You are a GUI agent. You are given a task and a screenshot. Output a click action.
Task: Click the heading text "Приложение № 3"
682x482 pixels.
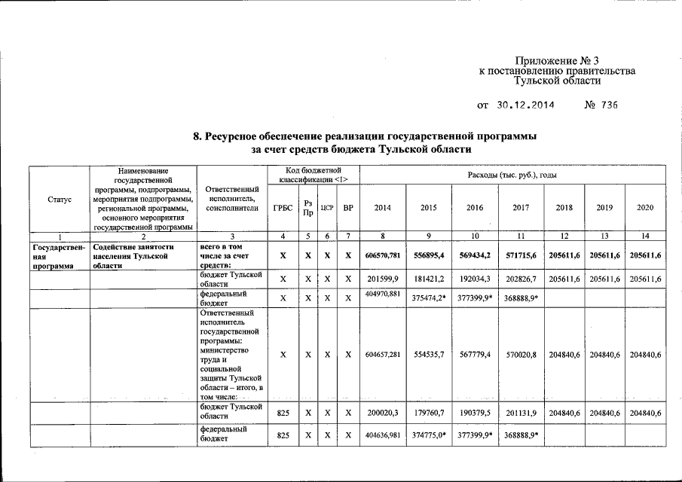coord(557,60)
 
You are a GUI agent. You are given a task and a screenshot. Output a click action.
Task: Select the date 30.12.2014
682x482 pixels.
coord(525,105)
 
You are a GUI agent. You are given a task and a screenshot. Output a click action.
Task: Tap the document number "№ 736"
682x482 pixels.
coord(601,105)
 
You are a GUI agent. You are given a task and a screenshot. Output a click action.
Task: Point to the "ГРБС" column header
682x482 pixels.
coord(283,207)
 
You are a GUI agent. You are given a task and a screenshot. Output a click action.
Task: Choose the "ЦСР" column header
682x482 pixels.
coord(327,207)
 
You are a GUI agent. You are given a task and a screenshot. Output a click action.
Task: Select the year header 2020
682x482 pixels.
coord(645,207)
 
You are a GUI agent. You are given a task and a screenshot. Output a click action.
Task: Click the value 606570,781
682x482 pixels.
coord(383,256)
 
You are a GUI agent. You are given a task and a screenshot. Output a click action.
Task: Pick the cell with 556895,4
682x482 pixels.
coord(428,256)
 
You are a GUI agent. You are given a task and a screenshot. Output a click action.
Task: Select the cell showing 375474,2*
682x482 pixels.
coord(429,298)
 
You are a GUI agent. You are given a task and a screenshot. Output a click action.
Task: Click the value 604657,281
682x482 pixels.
coord(383,354)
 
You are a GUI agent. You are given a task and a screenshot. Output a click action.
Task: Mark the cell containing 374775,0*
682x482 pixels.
coord(429,435)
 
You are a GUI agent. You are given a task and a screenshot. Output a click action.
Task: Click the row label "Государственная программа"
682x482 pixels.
coord(58,256)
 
